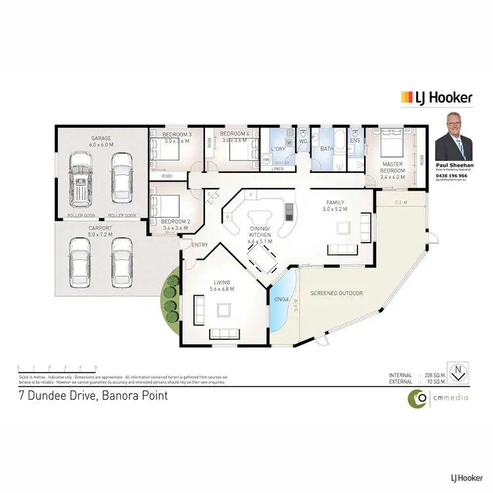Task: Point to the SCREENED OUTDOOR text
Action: point(336,293)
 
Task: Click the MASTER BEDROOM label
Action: point(392,168)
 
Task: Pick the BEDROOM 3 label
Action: point(176,137)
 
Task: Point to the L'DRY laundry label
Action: point(277,149)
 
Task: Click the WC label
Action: point(303,141)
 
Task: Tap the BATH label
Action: point(327,149)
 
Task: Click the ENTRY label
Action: point(200,245)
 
